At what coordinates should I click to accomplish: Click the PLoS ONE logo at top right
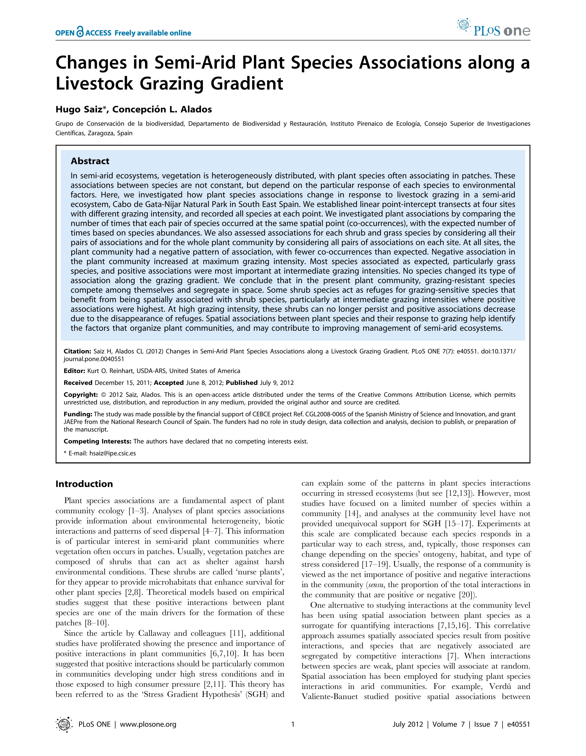click(494, 28)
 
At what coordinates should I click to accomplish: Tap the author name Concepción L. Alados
click(162, 109)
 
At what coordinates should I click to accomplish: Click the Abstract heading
click(90, 161)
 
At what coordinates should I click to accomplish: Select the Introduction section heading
click(84, 484)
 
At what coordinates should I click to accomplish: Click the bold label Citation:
click(77, 351)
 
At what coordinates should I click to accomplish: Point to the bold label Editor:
click(74, 371)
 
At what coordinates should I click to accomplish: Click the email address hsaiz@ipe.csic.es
click(112, 453)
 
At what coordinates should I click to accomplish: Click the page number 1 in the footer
click(293, 724)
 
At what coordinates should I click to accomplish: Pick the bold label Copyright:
click(81, 395)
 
